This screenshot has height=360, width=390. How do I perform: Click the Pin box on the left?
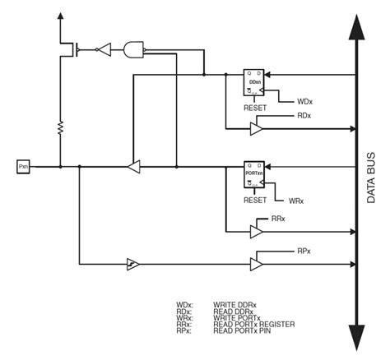(x=23, y=167)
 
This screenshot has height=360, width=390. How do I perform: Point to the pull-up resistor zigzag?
(x=60, y=127)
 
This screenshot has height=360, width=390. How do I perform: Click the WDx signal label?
(x=304, y=102)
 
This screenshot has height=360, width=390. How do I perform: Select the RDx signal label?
(x=304, y=116)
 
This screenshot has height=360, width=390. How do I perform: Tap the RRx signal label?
(x=278, y=219)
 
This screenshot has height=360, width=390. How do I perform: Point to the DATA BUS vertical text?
(x=371, y=177)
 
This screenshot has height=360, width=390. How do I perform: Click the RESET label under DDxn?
(x=255, y=108)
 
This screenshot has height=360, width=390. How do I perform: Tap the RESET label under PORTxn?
(x=255, y=200)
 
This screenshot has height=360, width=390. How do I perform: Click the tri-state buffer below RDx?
(x=257, y=129)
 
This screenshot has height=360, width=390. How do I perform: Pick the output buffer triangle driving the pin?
(x=134, y=167)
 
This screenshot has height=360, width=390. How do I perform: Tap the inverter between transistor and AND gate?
(x=103, y=50)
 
